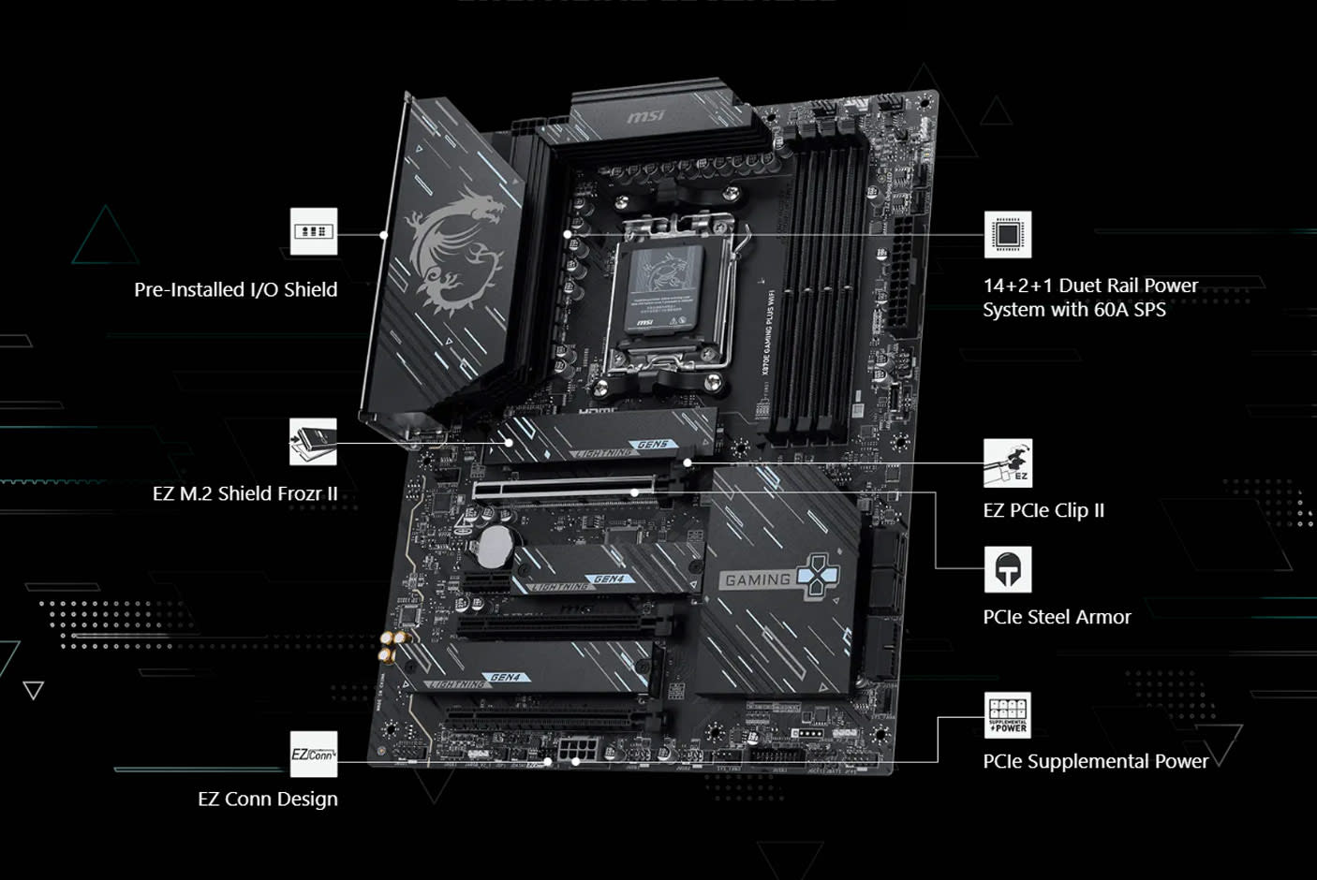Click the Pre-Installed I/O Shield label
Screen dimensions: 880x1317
click(x=235, y=289)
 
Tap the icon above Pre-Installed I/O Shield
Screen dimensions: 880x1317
click(x=313, y=231)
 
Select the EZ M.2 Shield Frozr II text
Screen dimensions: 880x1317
click(x=244, y=493)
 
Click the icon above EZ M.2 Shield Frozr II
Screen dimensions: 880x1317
click(x=313, y=441)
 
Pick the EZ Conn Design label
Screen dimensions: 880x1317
click(x=268, y=799)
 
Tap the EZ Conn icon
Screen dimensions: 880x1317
click(x=313, y=755)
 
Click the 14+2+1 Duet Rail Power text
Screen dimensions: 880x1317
click(x=1089, y=286)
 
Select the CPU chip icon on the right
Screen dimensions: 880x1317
click(x=1007, y=234)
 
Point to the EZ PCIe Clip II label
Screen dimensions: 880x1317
click(x=1043, y=510)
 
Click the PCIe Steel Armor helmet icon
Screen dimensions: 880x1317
click(x=1007, y=569)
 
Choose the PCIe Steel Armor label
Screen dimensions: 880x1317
click(x=1057, y=617)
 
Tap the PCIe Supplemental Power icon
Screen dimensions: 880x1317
click(x=1007, y=716)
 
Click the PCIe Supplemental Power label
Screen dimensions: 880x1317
click(x=1095, y=761)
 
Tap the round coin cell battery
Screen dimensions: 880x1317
click(x=496, y=546)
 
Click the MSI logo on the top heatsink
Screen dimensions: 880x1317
click(x=645, y=116)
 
